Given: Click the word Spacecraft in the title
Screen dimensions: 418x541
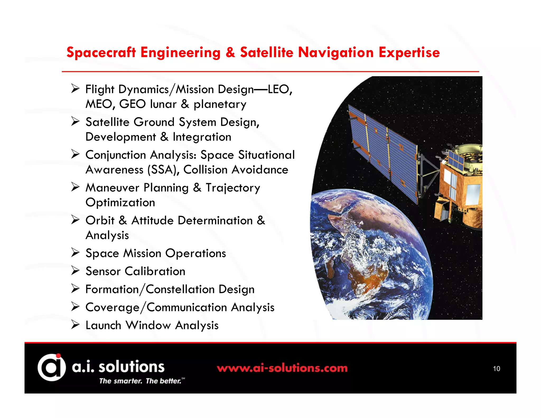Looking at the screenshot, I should pos(101,52).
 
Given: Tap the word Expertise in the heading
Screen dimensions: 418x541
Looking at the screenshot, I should pos(409,52).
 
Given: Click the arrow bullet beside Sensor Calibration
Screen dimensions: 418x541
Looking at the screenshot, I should pos(75,271).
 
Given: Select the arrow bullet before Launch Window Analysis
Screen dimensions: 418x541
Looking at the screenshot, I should pos(75,324).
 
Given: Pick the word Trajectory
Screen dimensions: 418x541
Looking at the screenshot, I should pos(233,188).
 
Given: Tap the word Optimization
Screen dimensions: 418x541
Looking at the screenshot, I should pos(120,202).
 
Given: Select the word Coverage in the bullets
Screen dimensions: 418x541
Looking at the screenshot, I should pos(112,307).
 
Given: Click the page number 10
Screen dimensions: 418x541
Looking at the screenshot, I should pos(496,369).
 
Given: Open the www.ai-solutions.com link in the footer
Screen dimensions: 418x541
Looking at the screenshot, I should pos(282,368).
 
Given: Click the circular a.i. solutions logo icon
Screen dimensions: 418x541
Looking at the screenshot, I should pos(52,367).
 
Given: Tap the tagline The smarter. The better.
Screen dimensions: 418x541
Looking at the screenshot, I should pos(140,381).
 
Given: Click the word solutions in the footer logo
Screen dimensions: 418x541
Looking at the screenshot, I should pos(131,367).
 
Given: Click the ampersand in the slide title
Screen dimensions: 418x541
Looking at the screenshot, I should pos(230,52).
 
